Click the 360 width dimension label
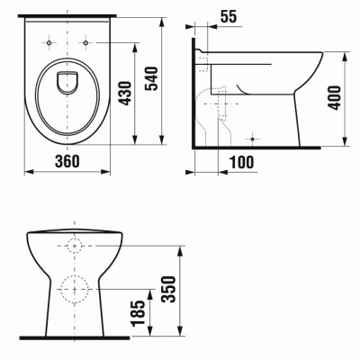[x=67, y=161]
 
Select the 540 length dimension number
[x=152, y=78]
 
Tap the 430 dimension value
[x=125, y=94]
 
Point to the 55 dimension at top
[x=229, y=16]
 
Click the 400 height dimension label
[x=334, y=98]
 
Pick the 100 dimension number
[x=241, y=162]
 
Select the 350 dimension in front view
[x=168, y=290]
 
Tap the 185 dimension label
[x=139, y=313]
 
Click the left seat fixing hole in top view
[x=49, y=42]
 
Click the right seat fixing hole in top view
[x=85, y=42]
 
